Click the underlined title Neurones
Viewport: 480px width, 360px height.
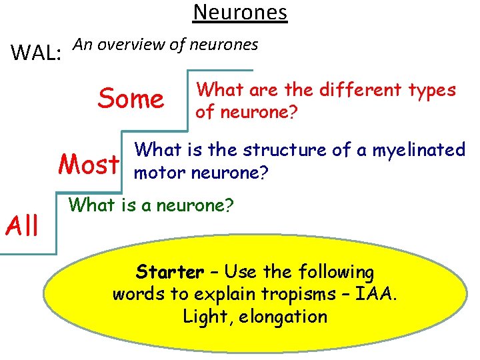(240, 13)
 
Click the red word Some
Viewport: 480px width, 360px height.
(131, 99)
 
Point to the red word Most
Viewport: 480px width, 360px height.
(89, 163)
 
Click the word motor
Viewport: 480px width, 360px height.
(161, 173)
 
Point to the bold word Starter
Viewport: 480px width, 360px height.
(169, 272)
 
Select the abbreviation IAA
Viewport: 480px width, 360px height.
(377, 294)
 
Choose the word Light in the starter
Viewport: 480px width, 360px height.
(204, 316)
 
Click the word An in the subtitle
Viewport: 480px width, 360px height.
(81, 45)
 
